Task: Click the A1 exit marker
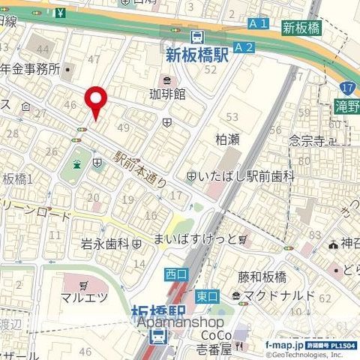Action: point(258,25)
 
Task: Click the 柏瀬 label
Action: point(228,139)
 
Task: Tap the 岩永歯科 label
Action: point(106,244)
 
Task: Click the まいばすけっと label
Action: point(205,238)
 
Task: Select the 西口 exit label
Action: point(175,274)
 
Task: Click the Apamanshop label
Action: point(171,322)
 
